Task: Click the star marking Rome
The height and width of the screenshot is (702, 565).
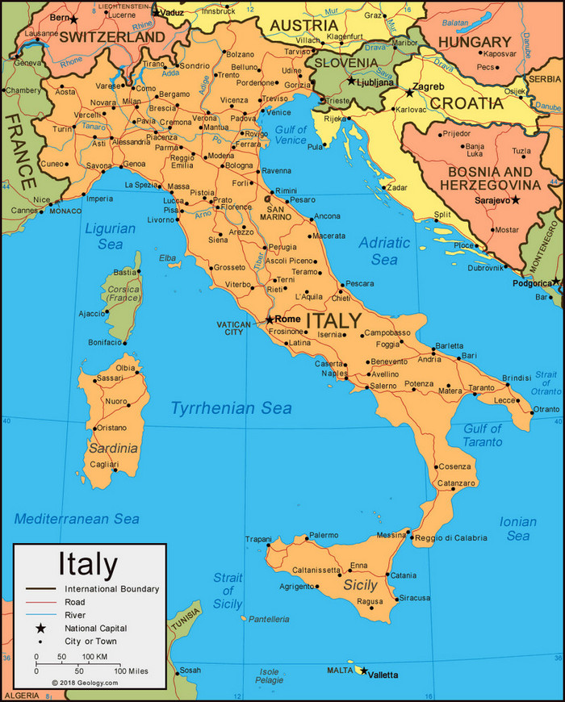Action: (270, 320)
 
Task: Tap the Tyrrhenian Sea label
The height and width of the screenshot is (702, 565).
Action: (231, 409)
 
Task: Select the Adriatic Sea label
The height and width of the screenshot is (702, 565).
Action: (385, 251)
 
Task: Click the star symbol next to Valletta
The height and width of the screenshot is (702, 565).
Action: (363, 671)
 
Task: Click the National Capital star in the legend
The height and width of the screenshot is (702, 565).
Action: (38, 628)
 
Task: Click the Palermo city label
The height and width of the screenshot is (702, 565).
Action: (324, 535)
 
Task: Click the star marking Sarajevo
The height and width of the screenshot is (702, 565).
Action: (516, 199)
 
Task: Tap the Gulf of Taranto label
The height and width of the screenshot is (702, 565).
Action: (482, 435)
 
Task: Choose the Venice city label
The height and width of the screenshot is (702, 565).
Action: (279, 112)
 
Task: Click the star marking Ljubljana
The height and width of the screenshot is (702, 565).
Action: (351, 81)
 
